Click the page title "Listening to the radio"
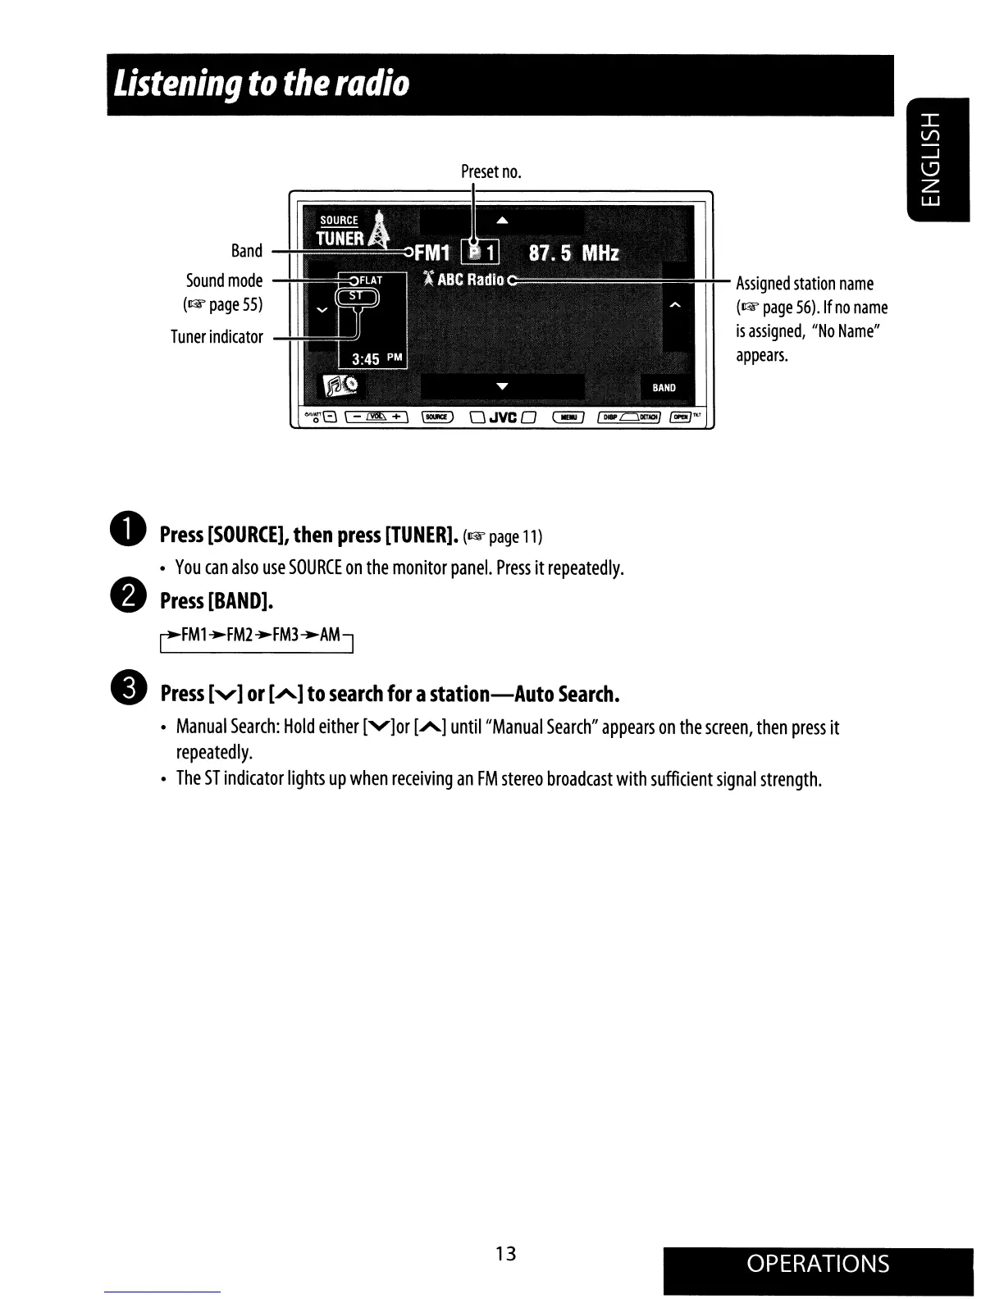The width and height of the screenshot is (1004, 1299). pyautogui.click(x=262, y=84)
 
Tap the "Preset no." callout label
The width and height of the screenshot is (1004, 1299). pyautogui.click(x=491, y=171)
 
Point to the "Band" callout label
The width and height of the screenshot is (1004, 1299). pyautogui.click(x=247, y=251)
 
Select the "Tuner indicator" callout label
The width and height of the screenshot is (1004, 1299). pyautogui.click(x=217, y=337)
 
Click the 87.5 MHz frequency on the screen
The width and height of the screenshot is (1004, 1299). pyautogui.click(x=573, y=253)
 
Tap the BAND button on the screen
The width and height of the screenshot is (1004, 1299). pyautogui.click(x=664, y=388)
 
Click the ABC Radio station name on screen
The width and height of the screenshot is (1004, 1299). pyautogui.click(x=470, y=280)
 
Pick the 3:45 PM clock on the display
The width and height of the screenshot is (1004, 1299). pyautogui.click(x=373, y=358)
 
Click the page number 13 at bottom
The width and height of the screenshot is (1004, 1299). pyautogui.click(x=506, y=1253)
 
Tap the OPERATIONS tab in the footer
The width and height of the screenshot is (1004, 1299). pyautogui.click(x=818, y=1264)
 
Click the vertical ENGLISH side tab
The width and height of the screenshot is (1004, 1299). pyautogui.click(x=938, y=159)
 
